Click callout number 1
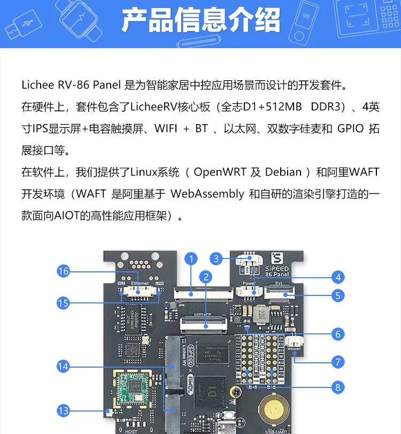click(191, 258)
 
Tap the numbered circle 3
click(215, 258)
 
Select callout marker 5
click(337, 295)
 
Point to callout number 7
click(337, 362)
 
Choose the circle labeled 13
click(64, 410)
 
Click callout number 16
click(64, 271)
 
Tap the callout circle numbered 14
click(64, 366)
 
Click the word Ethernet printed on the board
click(140, 283)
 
